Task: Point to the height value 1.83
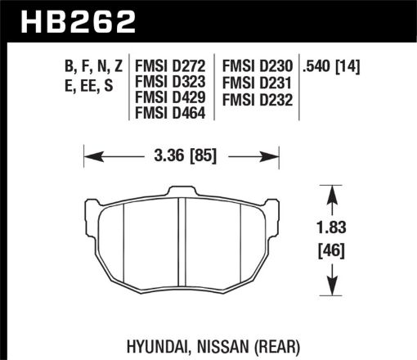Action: [331, 232]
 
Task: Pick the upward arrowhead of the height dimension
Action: [331, 193]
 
